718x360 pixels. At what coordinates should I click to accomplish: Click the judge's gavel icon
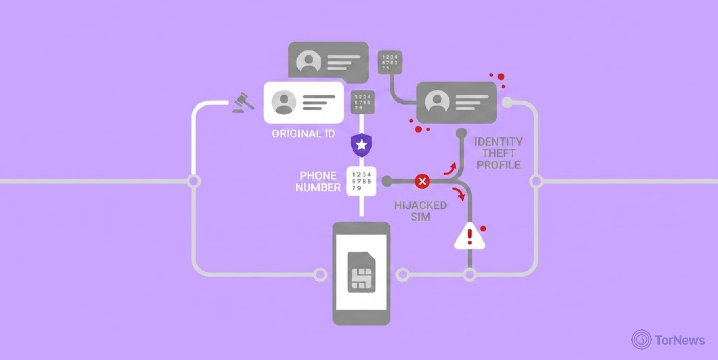coord(243,103)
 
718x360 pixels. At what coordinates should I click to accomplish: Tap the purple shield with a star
coord(362,145)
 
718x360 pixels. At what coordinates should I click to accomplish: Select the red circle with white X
coord(422,182)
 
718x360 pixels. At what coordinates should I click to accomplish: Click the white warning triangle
coord(470,236)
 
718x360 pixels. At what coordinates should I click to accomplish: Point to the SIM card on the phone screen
coord(362,272)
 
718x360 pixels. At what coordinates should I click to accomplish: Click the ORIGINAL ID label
coord(303,134)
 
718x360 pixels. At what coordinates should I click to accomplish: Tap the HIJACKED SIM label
coord(420,211)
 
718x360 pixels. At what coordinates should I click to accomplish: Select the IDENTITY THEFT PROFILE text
coord(498,153)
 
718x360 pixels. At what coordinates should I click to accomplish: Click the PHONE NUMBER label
coord(318,182)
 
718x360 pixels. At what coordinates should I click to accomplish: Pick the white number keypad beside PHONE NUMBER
coord(362,181)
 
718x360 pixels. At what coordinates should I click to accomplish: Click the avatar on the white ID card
coord(284,102)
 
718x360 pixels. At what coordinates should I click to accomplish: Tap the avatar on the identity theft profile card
coord(437,102)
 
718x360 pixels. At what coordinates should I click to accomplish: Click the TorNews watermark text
coord(680,340)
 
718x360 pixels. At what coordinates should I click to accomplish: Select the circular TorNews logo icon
coord(642,339)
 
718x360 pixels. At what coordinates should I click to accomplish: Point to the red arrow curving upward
coord(450,169)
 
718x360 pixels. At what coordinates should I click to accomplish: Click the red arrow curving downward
coord(459,194)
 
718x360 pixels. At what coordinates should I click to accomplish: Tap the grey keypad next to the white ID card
coord(363,102)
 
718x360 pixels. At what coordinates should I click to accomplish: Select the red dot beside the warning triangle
coord(483,229)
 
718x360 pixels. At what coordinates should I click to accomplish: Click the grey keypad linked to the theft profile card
coord(390,62)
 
